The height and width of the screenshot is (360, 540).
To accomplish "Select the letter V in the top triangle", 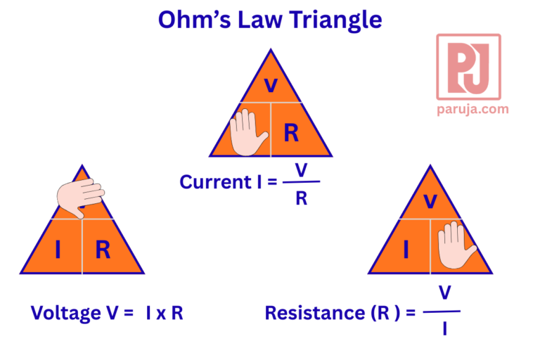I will point(270,86).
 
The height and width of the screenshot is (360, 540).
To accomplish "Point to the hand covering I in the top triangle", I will point(248,132).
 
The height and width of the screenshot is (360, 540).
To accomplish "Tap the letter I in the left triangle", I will point(58,250).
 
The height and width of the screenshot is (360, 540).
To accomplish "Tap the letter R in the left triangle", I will point(103,250).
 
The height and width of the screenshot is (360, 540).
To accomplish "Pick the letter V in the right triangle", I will point(430,201).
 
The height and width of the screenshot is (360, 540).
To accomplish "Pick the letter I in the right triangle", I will point(406,249).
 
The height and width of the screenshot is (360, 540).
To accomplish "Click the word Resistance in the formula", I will point(311,313).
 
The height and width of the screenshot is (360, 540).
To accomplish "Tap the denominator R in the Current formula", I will point(301,198).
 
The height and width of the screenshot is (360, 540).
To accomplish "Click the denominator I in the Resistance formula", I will point(444,328).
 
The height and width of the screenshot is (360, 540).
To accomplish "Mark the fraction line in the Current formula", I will point(301,182).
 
